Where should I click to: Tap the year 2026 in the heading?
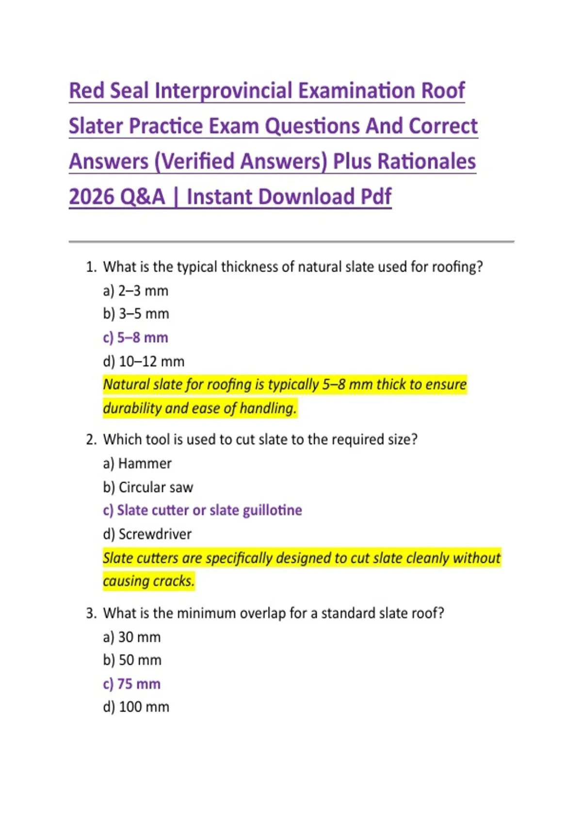[x=91, y=197]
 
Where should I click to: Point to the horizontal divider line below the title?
[x=291, y=241]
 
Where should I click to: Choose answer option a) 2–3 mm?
[x=135, y=291]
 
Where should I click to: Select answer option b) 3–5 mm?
[x=136, y=314]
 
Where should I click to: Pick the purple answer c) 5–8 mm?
[x=135, y=337]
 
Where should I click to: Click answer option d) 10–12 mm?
[x=144, y=362]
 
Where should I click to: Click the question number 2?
[x=91, y=440]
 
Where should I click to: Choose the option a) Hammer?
[x=137, y=463]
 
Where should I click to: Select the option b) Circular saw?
[x=148, y=487]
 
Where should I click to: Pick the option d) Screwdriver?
[x=147, y=534]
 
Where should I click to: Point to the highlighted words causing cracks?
[x=148, y=581]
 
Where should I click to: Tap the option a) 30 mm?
[x=131, y=637]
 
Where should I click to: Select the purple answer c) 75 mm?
[x=131, y=684]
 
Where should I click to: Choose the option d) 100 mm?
[x=136, y=707]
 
